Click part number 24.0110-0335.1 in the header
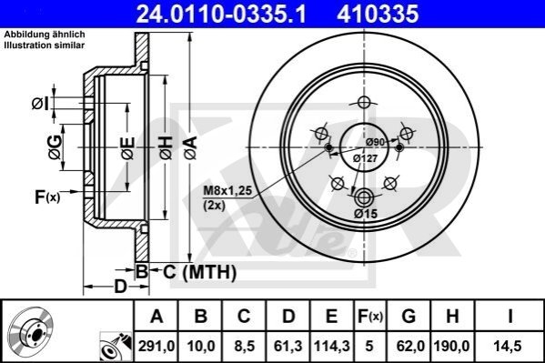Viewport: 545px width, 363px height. coord(221,14)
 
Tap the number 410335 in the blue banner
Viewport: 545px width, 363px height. coord(378,14)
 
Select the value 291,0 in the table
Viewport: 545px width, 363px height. coord(156,346)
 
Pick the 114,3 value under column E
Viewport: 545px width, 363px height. coord(331,346)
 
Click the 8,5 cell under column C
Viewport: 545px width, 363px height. coord(244,346)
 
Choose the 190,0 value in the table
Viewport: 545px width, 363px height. coord(451,346)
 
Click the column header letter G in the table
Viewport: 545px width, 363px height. coord(409,316)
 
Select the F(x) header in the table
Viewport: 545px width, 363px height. coord(369,317)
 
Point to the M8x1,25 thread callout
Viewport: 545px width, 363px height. coord(227,191)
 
